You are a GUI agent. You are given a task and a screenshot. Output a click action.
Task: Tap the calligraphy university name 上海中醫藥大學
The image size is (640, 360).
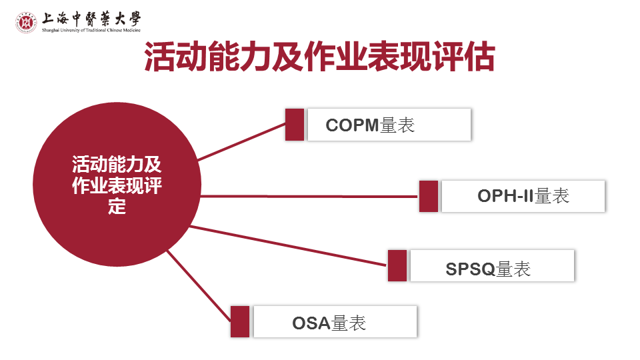click(91, 18)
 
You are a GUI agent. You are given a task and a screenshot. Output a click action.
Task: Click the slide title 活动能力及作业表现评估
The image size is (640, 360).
click(320, 57)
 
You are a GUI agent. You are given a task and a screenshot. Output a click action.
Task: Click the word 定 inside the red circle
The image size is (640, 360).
click(117, 207)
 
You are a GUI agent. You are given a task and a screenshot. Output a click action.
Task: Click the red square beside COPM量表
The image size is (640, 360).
click(295, 125)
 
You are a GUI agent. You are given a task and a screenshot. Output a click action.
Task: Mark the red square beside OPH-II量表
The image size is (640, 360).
click(429, 196)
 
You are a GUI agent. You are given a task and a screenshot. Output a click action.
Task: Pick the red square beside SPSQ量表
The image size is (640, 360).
click(397, 265)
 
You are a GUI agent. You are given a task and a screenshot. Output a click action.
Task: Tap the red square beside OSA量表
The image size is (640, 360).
click(240, 321)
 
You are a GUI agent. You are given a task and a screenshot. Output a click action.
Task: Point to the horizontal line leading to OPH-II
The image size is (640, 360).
click(307, 196)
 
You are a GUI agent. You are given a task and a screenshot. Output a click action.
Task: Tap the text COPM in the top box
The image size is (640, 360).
click(352, 125)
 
